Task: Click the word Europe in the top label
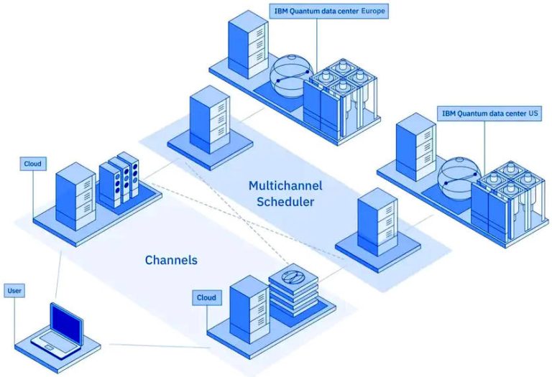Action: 372,11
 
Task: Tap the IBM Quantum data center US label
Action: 489,113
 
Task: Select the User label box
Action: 14,291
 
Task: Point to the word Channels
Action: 171,260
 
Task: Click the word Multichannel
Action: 285,185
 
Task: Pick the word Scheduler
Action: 285,201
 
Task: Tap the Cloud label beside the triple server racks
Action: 32,164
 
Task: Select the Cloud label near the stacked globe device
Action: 206,297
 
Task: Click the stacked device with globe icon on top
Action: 292,291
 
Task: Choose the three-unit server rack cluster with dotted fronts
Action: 119,180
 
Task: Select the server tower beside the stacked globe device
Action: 248,307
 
